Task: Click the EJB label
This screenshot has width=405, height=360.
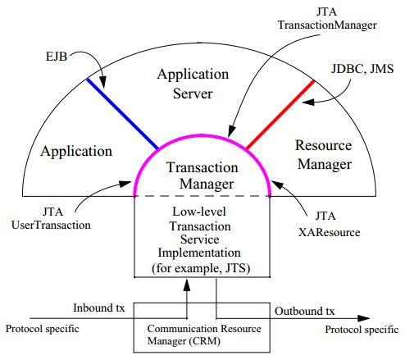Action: tap(57, 57)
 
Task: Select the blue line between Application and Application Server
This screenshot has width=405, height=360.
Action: tap(122, 114)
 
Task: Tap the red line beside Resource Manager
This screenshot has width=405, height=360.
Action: tap(280, 115)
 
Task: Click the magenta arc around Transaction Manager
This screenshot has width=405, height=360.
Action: tap(202, 135)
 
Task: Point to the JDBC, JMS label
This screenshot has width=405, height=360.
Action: tap(362, 69)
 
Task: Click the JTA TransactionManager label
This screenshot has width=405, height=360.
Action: tap(327, 18)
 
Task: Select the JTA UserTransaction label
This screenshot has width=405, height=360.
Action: tap(51, 218)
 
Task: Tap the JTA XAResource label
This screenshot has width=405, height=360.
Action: tap(329, 224)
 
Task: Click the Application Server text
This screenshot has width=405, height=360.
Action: tap(193, 84)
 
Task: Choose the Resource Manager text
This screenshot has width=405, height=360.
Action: tap(324, 155)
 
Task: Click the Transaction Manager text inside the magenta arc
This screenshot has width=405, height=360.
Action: tap(202, 175)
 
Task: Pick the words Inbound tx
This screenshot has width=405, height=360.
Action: tap(98, 308)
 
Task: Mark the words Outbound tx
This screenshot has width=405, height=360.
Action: tap(304, 311)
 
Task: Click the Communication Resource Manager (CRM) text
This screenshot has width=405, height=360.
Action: tap(204, 335)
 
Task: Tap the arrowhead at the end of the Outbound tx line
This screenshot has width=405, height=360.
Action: tap(364, 318)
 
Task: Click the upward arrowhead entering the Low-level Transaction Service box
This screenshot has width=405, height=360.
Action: tap(187, 285)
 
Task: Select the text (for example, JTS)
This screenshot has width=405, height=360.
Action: tap(201, 268)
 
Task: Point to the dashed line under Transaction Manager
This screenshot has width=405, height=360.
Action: tap(202, 196)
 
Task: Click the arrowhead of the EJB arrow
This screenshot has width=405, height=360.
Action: tap(103, 82)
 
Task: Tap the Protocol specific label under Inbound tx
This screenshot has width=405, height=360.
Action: tap(43, 329)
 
